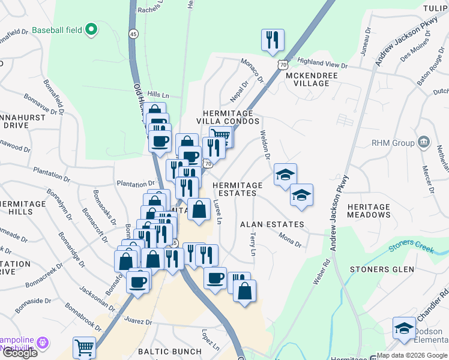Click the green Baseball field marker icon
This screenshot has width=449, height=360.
point(91,29)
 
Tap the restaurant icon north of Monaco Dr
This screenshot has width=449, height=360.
point(273,40)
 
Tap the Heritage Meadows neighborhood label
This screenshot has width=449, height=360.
point(369,211)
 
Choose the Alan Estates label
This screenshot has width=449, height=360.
point(272,224)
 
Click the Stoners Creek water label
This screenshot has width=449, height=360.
point(411,247)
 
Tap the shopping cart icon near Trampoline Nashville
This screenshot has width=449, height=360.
point(84,347)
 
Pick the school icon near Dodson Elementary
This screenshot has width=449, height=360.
point(404,328)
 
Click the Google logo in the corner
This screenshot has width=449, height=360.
point(20,353)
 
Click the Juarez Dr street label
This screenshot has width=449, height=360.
point(138,322)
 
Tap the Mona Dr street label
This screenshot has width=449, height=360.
point(289,239)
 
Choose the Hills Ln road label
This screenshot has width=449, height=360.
point(158,95)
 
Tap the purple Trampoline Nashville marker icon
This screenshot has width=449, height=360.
point(41,343)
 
